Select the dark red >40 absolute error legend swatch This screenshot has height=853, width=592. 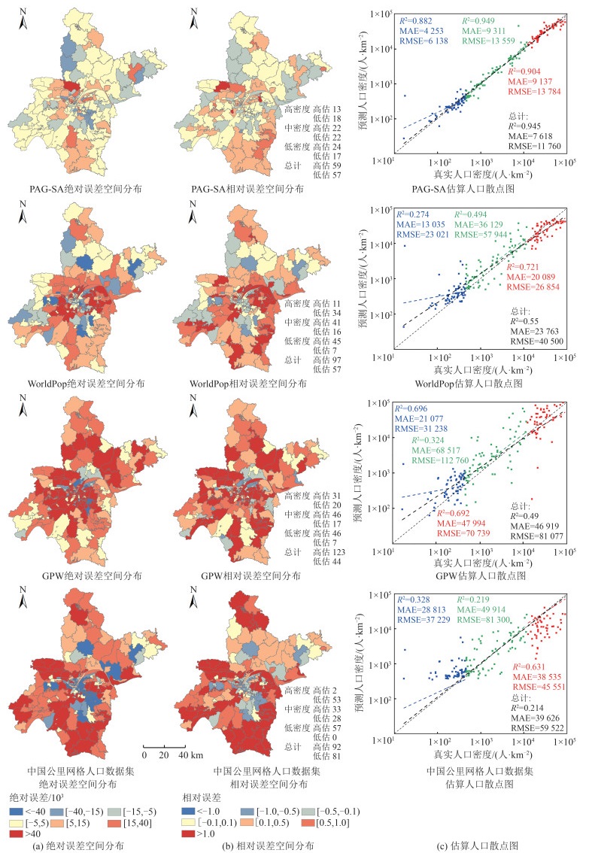17,833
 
